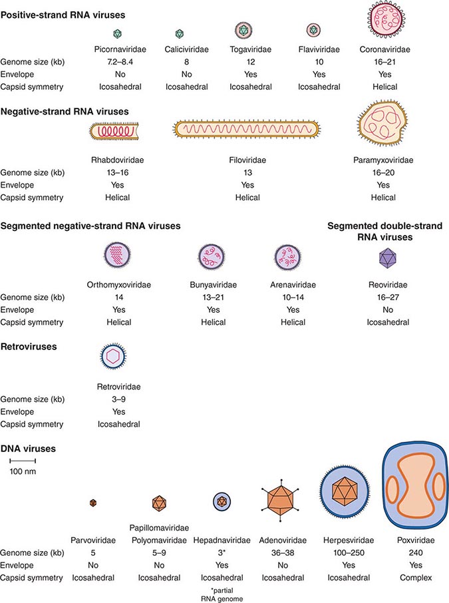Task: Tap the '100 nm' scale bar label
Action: click(21, 471)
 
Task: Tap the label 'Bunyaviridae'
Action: click(214, 284)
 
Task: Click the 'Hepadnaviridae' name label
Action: click(223, 540)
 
